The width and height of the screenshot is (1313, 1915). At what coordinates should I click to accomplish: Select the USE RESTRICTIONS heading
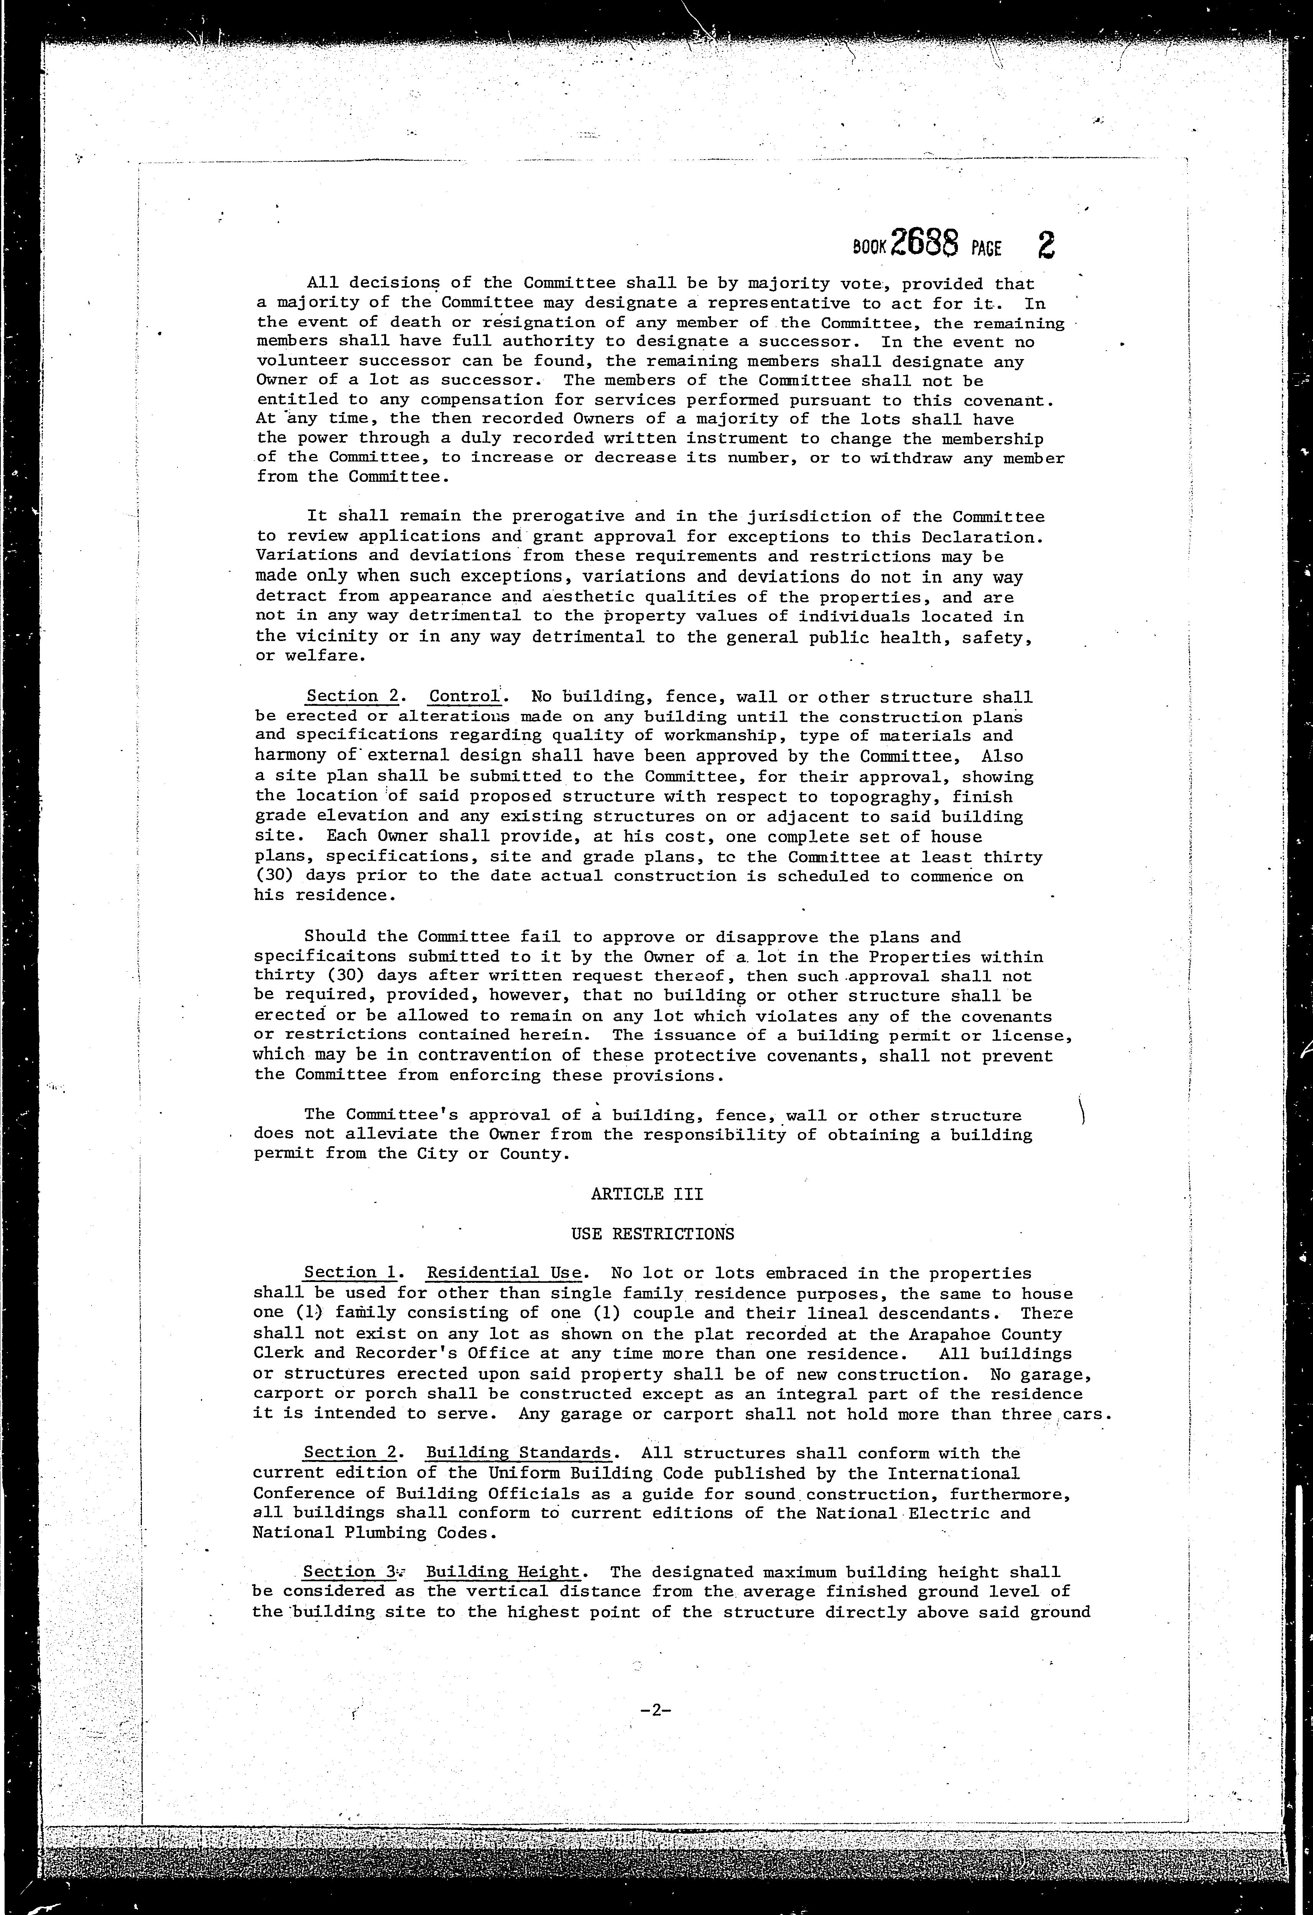(652, 1234)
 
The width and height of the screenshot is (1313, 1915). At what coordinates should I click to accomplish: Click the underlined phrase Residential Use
(504, 1273)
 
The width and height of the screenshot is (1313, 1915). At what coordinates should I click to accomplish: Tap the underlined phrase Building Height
(502, 1572)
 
